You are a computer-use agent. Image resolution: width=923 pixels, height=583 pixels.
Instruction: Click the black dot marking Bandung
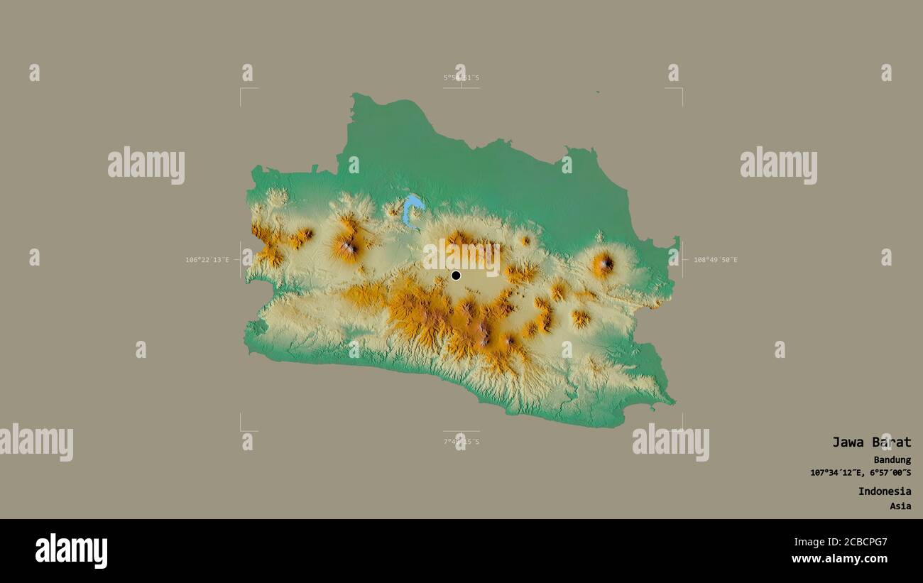(456, 276)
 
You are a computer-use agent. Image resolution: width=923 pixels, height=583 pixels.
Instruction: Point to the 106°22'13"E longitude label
(207, 260)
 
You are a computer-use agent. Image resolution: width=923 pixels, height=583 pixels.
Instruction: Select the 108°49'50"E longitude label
(715, 260)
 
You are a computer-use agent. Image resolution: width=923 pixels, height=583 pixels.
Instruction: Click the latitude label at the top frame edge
(461, 77)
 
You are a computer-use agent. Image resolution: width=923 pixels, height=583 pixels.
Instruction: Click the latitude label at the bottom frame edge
(461, 442)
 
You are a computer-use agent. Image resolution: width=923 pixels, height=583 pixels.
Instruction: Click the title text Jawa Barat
(871, 442)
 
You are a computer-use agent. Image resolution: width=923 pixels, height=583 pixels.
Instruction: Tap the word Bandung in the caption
(892, 460)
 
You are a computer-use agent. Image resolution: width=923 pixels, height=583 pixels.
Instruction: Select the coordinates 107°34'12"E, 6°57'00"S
(861, 473)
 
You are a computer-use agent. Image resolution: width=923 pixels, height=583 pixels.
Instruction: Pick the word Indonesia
(884, 491)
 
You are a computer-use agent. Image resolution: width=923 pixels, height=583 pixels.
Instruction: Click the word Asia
(900, 506)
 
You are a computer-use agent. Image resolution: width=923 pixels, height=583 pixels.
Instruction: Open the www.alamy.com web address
(840, 559)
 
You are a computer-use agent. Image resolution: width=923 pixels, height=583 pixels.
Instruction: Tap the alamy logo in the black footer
(72, 551)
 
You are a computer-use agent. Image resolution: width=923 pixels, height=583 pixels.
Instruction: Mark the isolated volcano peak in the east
(604, 264)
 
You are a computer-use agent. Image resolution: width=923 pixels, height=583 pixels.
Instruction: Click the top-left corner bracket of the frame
(241, 89)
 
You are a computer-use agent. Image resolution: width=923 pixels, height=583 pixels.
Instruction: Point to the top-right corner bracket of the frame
(681, 89)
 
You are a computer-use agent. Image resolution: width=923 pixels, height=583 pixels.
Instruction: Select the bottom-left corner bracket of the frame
(241, 429)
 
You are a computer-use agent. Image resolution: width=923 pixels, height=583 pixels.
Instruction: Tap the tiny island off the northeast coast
(597, 92)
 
